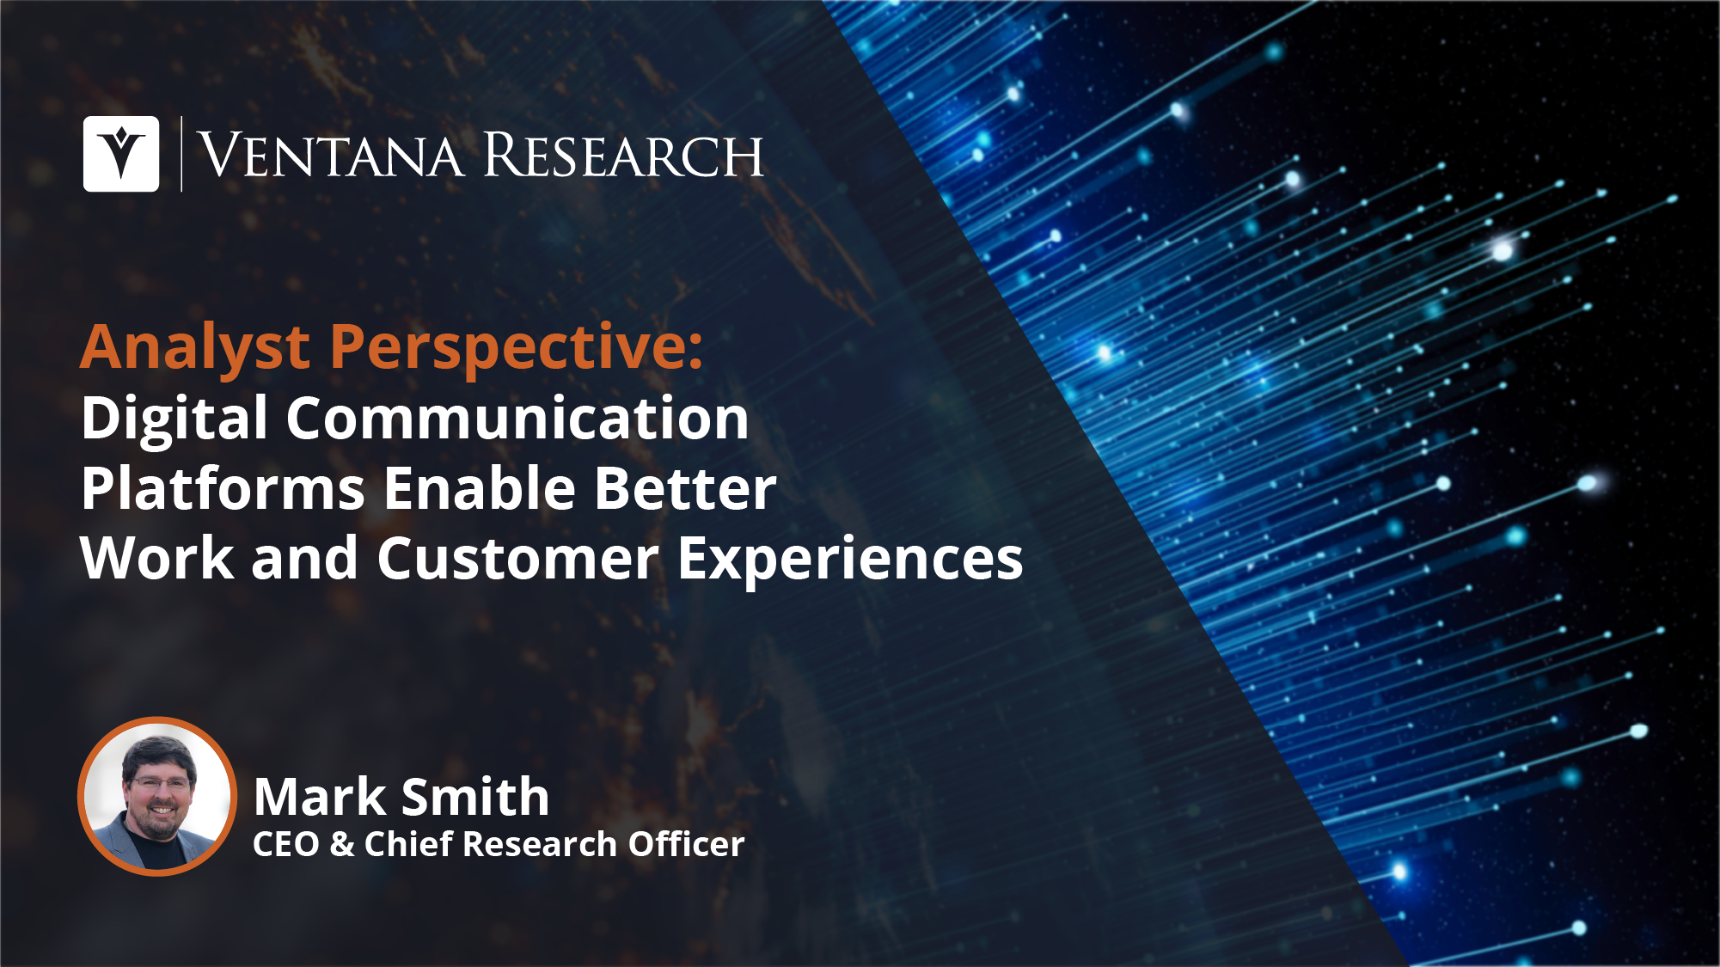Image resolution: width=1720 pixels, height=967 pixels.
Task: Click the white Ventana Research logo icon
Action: [x=121, y=154]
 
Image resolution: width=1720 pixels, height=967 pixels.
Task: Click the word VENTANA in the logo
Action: [x=331, y=156]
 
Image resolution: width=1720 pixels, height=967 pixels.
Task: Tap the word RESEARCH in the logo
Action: [x=623, y=156]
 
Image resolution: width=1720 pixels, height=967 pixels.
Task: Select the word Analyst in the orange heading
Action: [x=195, y=348]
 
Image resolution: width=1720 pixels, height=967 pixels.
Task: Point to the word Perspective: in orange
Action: [x=517, y=348]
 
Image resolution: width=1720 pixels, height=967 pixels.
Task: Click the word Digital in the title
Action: [x=174, y=419]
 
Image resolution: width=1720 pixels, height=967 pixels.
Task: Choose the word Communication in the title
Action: [x=517, y=419]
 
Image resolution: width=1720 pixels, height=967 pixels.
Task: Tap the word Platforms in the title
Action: [x=223, y=488]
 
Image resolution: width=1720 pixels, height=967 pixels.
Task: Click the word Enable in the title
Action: [x=479, y=488]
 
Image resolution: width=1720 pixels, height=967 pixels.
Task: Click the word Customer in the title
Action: [x=517, y=559]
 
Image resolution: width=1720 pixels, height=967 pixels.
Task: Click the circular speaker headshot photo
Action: [x=157, y=796]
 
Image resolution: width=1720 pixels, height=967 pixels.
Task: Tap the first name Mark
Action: [x=320, y=797]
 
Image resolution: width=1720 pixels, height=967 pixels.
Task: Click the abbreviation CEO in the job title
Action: [x=285, y=844]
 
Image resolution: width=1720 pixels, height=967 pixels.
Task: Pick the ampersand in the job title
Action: [x=341, y=844]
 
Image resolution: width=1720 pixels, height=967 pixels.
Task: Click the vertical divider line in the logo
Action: [x=181, y=154]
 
